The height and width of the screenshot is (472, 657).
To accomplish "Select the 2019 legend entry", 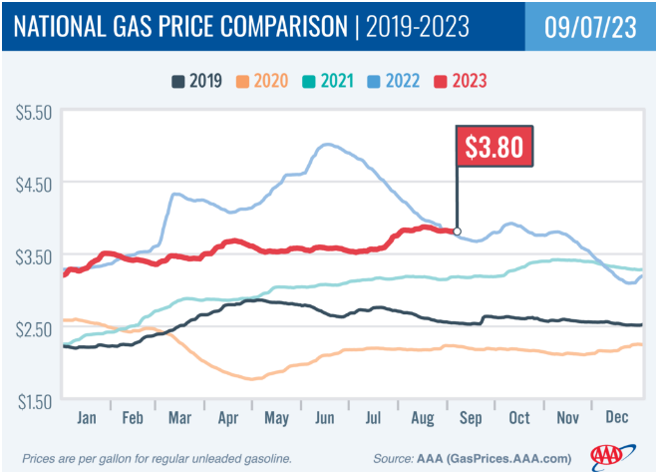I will pyautogui.click(x=194, y=80).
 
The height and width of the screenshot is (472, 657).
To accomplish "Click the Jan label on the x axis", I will pyautogui.click(x=87, y=415).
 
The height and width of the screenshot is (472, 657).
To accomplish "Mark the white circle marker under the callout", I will pyautogui.click(x=458, y=232).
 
